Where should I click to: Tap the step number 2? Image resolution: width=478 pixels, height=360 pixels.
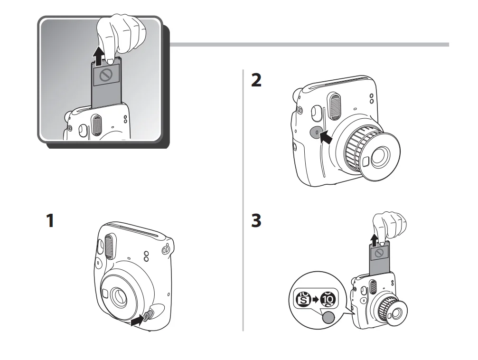pos(256,81)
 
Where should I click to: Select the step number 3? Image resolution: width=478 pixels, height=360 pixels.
pos(256,221)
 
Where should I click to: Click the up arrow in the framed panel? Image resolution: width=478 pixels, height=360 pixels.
pos(98,57)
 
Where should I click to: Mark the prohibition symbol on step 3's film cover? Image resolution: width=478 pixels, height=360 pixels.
pos(379,253)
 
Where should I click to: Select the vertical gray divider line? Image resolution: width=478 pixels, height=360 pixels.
pos(243,199)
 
